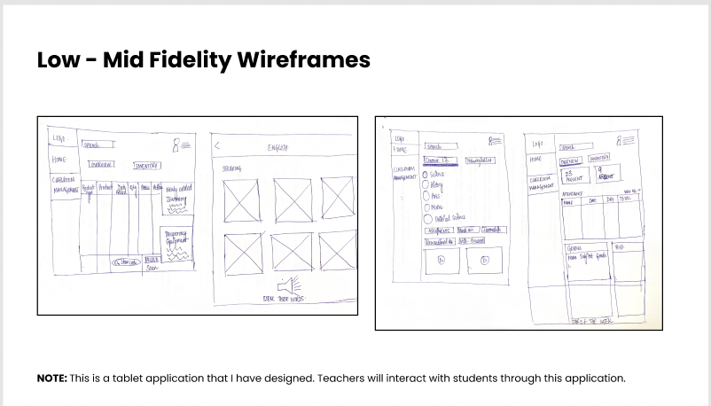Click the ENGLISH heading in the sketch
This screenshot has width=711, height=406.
[277, 148]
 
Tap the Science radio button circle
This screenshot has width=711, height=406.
[426, 175]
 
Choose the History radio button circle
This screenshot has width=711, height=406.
[426, 187]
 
